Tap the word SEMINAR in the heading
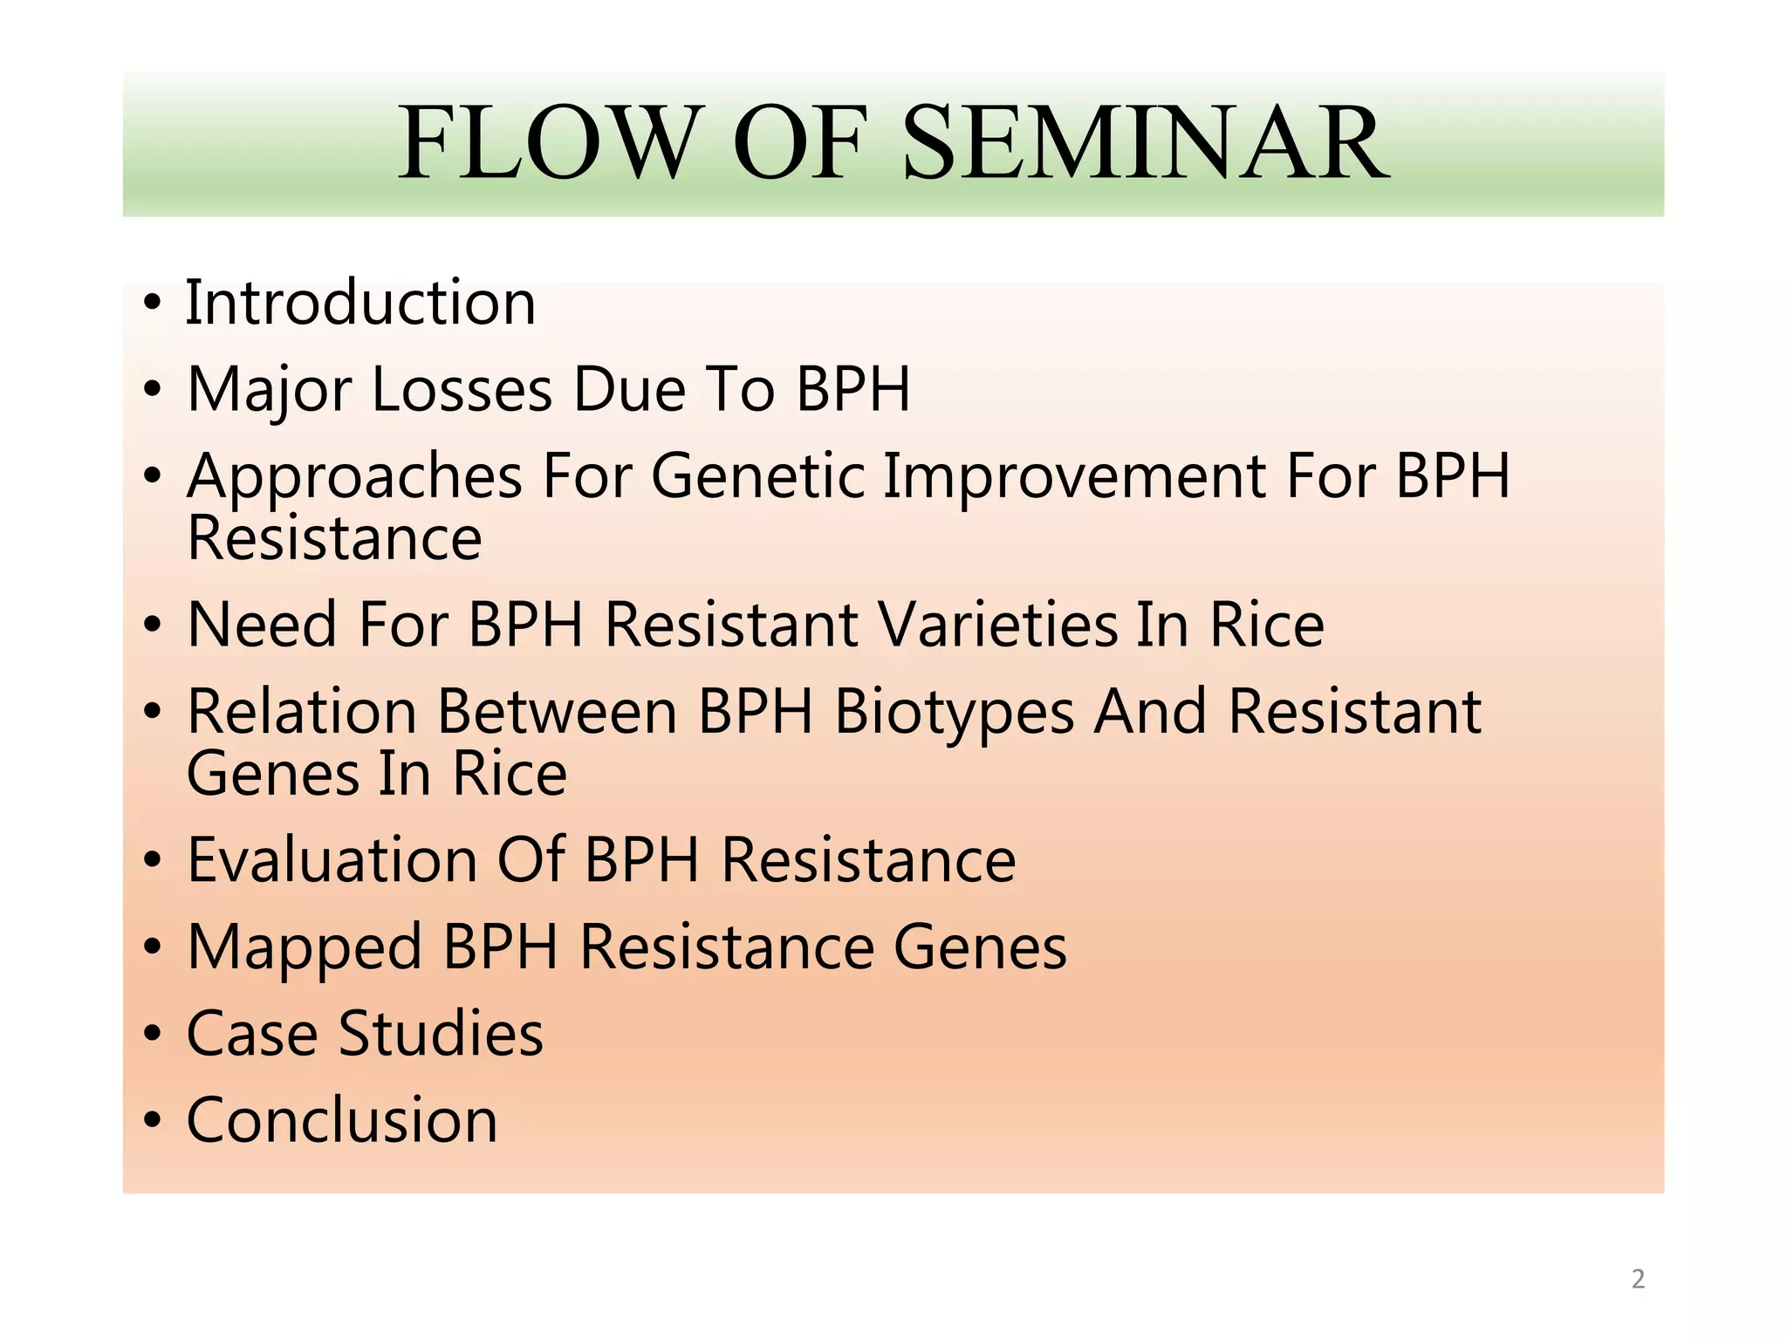click(1145, 143)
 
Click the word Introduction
click(360, 303)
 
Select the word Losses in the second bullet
click(462, 389)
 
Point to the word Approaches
click(354, 478)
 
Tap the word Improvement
click(1074, 478)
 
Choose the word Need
click(262, 625)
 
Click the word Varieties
click(997, 625)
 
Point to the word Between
click(557, 712)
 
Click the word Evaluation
click(332, 860)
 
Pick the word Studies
click(441, 1034)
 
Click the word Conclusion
click(342, 1120)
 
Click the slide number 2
click(1638, 1279)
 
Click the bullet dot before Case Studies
click(153, 1034)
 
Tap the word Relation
click(301, 712)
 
